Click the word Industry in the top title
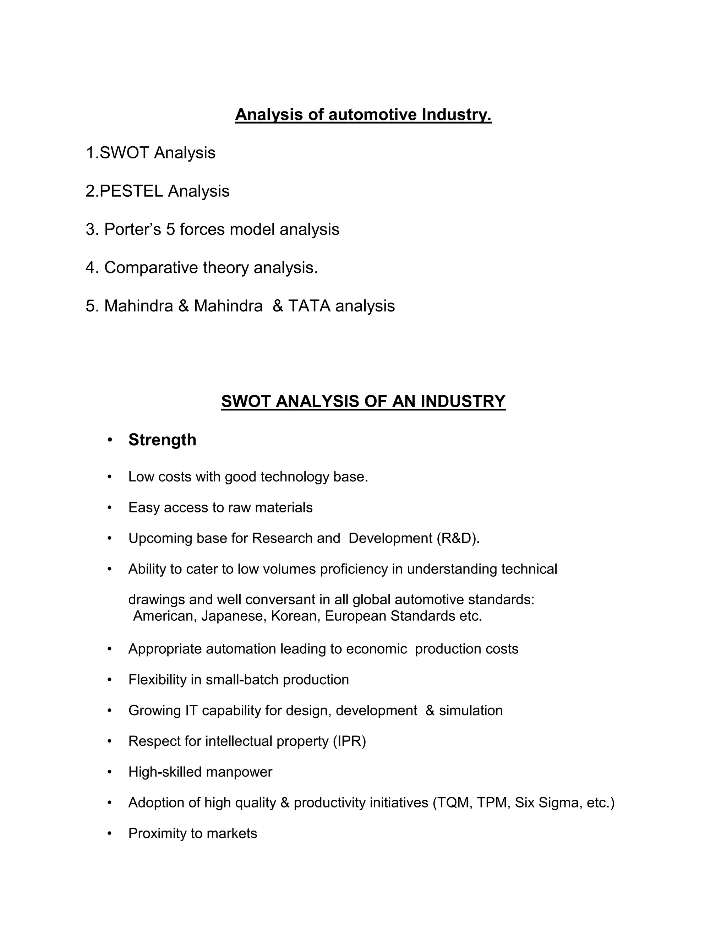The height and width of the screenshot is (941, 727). [x=456, y=115]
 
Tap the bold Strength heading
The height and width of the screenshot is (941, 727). [x=162, y=440]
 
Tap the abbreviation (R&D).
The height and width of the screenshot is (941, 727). [x=457, y=538]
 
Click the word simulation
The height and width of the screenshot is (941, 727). [x=470, y=710]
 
